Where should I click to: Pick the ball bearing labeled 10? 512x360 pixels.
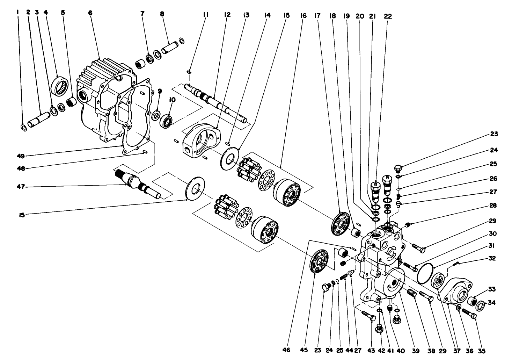point(167,121)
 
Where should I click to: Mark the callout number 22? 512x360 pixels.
point(388,16)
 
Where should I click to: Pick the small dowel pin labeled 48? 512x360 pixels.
point(146,152)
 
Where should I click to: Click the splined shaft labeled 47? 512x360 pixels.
point(136,182)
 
